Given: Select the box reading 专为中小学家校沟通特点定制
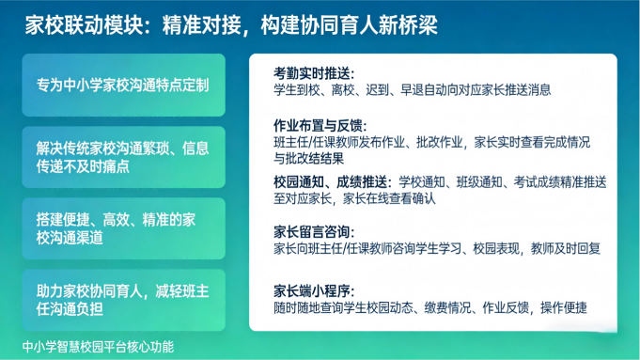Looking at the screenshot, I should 123,86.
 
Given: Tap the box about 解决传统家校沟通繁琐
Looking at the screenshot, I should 123,157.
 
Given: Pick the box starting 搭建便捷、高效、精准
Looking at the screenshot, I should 123,228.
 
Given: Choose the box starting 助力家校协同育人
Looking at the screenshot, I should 123,300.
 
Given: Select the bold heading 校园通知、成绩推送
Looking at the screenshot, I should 333,181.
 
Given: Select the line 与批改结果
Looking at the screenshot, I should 305,159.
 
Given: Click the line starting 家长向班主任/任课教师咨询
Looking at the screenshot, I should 437,249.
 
